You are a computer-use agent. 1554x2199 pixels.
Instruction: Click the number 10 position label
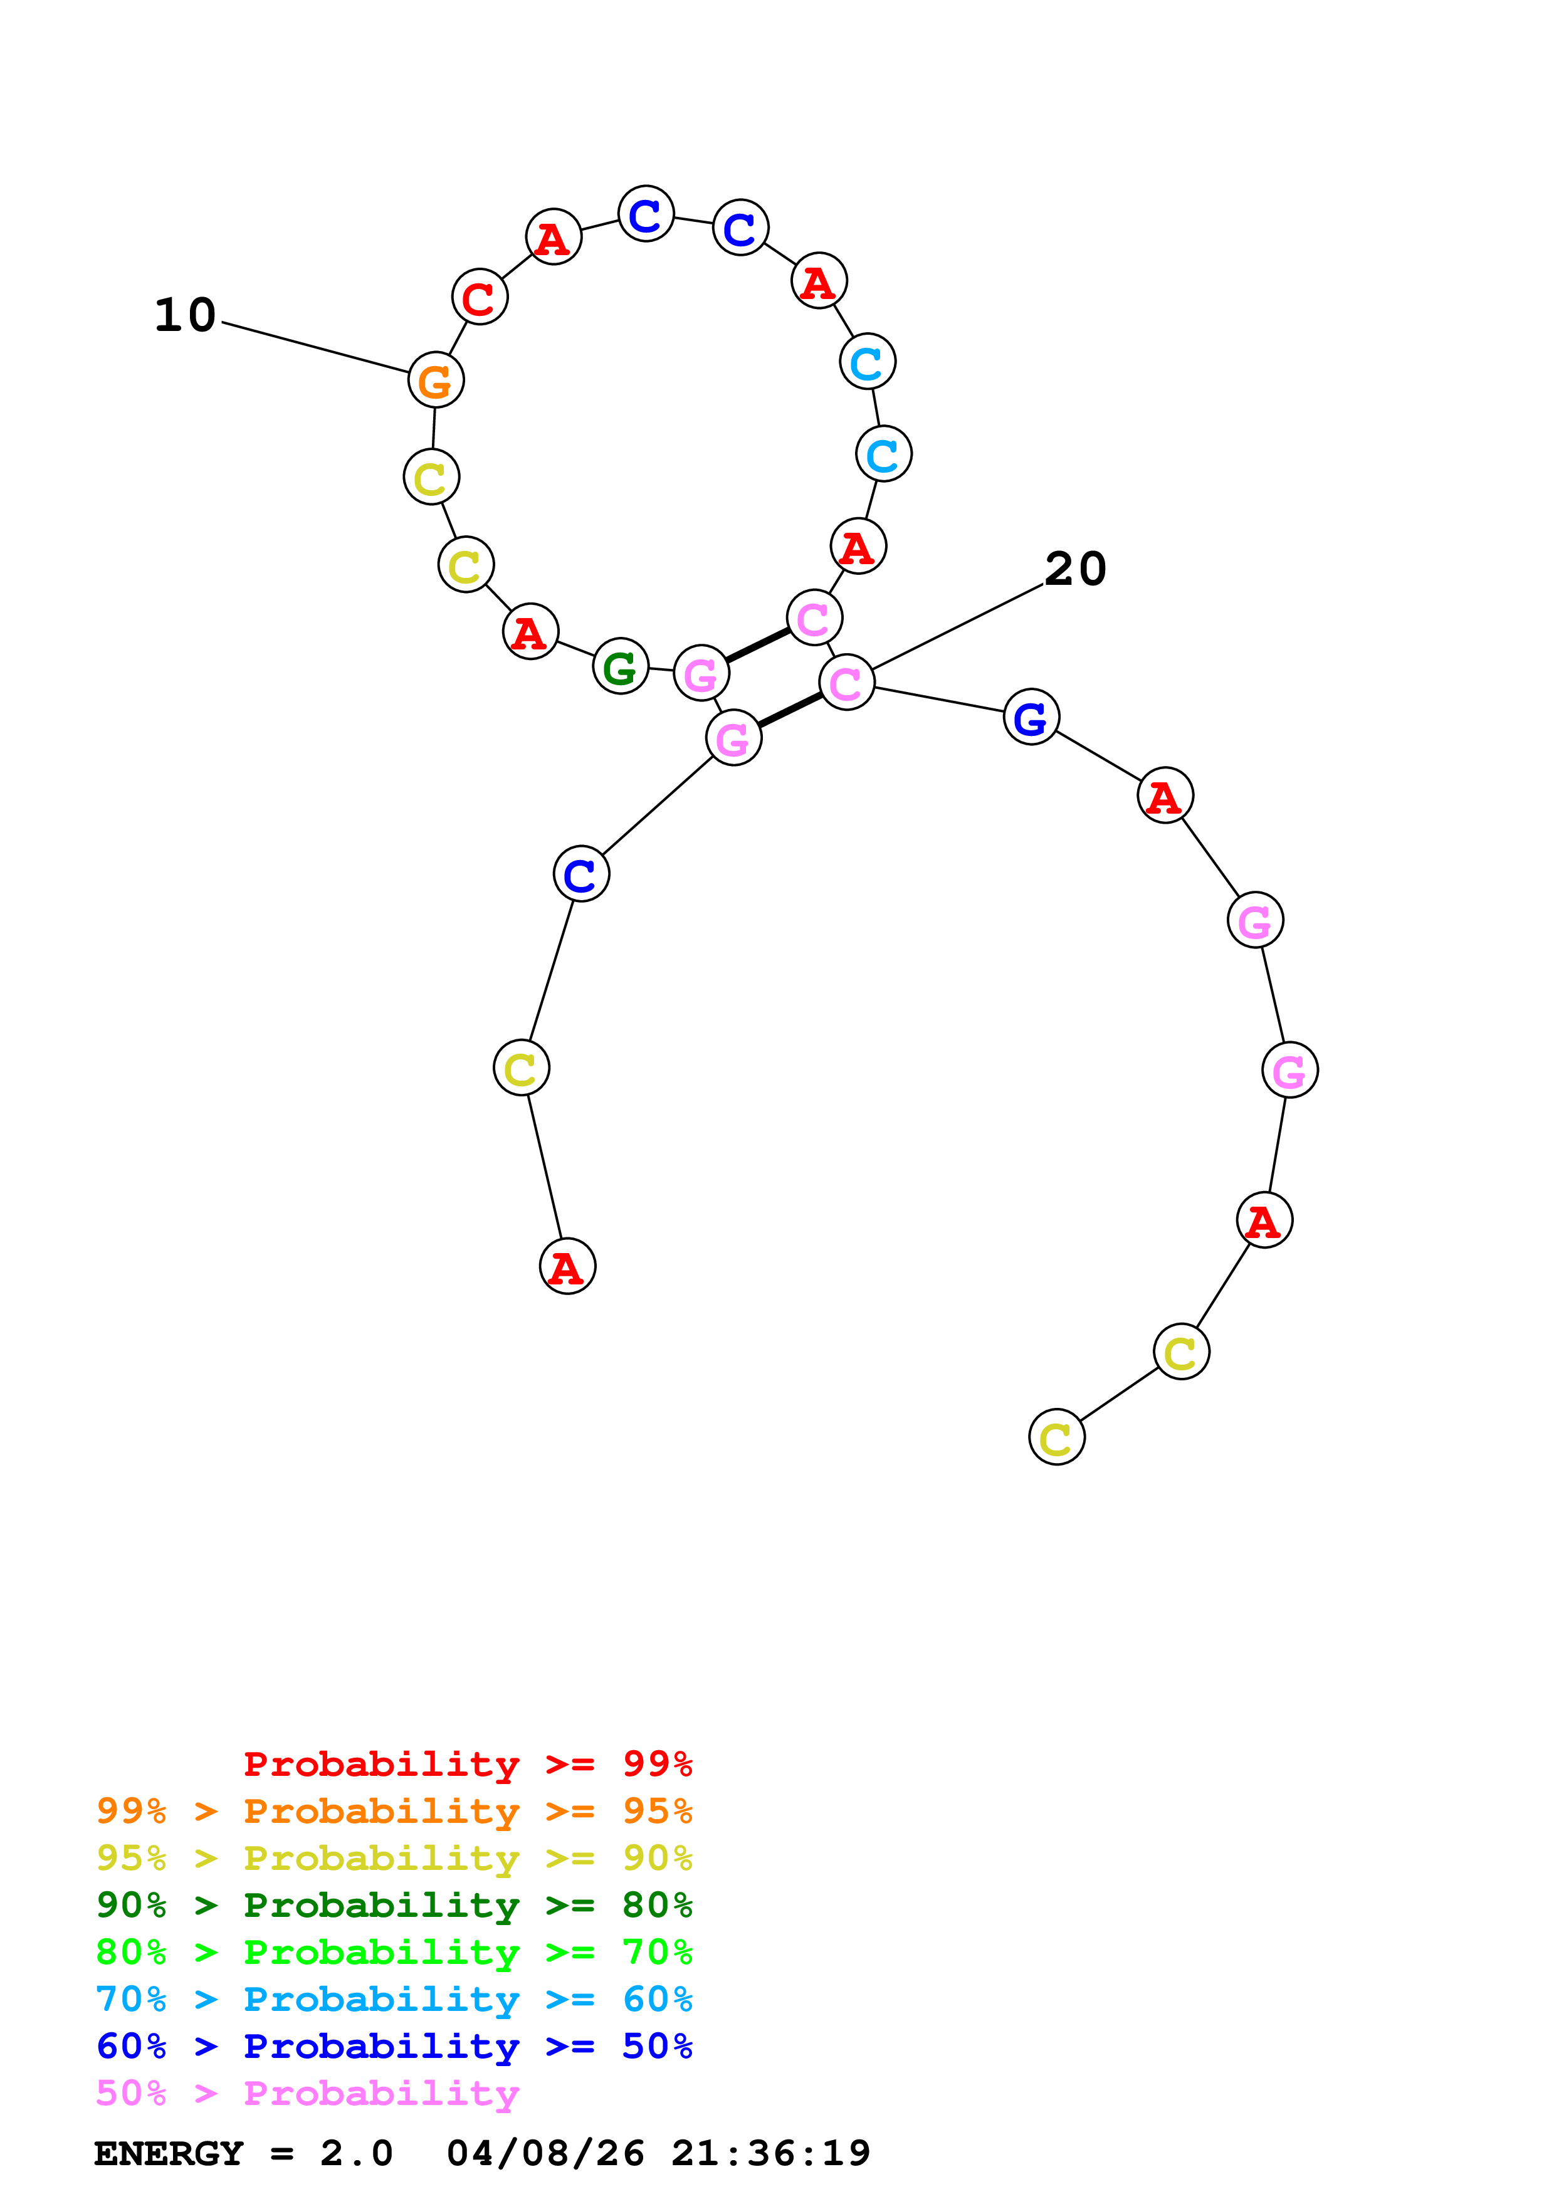[x=185, y=315]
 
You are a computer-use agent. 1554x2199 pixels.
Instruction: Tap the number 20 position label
[x=1074, y=569]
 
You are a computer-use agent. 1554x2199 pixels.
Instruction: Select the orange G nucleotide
[x=436, y=380]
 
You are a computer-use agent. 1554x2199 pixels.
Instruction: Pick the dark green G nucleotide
[x=621, y=666]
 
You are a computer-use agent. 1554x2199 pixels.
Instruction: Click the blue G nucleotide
[x=1031, y=717]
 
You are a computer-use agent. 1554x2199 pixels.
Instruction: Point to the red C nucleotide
[x=479, y=298]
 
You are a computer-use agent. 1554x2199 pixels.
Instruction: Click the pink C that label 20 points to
[x=846, y=683]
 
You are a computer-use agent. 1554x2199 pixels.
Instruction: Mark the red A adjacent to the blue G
[x=1164, y=796]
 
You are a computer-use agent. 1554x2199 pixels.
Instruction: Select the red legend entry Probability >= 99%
[x=467, y=1764]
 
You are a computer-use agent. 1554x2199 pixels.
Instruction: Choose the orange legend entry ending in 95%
[x=394, y=1811]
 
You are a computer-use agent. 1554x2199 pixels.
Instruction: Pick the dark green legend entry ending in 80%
[x=394, y=1905]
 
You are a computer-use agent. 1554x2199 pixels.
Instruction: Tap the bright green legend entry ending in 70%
[x=394, y=1952]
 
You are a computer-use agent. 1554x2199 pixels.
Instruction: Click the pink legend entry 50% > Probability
[x=307, y=2092]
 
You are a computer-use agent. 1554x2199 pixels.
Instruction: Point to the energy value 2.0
[x=356, y=2153]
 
